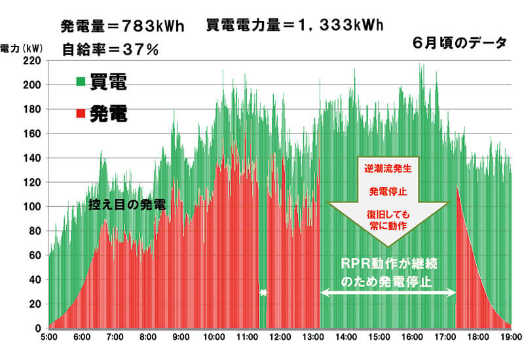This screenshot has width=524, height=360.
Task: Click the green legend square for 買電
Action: pos(80,82)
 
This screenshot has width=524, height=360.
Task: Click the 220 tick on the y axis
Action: pos(32,60)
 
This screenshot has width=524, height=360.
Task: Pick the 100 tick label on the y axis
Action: pos(32,207)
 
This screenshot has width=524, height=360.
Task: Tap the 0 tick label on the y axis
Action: pos(38,328)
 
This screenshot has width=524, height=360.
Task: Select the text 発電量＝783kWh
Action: pos(122,26)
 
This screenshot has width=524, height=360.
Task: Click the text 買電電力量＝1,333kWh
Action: pos(294,26)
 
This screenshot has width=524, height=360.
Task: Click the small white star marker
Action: pos(263,293)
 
